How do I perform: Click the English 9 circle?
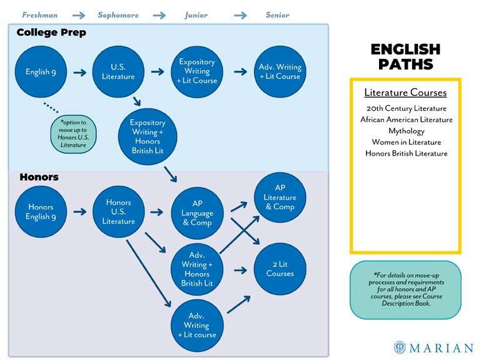pos(41,72)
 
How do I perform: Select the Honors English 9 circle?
pos(41,212)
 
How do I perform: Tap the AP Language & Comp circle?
pos(197,213)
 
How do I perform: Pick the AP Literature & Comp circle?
pos(280,197)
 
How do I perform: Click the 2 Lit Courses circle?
pos(280,269)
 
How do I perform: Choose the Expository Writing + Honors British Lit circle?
pos(148,136)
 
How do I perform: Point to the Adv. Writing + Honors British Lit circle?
pos(197,269)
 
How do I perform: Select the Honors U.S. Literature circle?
pos(119,212)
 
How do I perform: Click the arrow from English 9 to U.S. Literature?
pos(79,73)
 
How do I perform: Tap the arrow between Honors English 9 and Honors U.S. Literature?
pos(79,212)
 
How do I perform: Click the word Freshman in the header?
pos(40,14)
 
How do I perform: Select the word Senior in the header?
pos(277,14)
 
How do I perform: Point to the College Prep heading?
pos(51,32)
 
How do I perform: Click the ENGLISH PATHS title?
pos(405,56)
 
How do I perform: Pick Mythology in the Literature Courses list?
pos(406,131)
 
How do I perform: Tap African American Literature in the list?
pos(406,120)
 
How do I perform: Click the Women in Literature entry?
pos(406,142)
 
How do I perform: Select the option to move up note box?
pos(73,133)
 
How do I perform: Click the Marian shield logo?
pos(400,347)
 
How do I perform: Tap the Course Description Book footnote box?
pos(405,290)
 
